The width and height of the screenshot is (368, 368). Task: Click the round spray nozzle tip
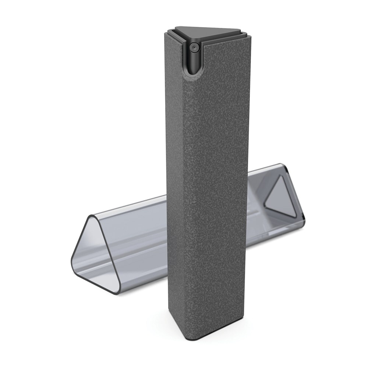pyautogui.click(x=194, y=47)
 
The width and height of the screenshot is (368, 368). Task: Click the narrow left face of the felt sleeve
pyautogui.click(x=175, y=191)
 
